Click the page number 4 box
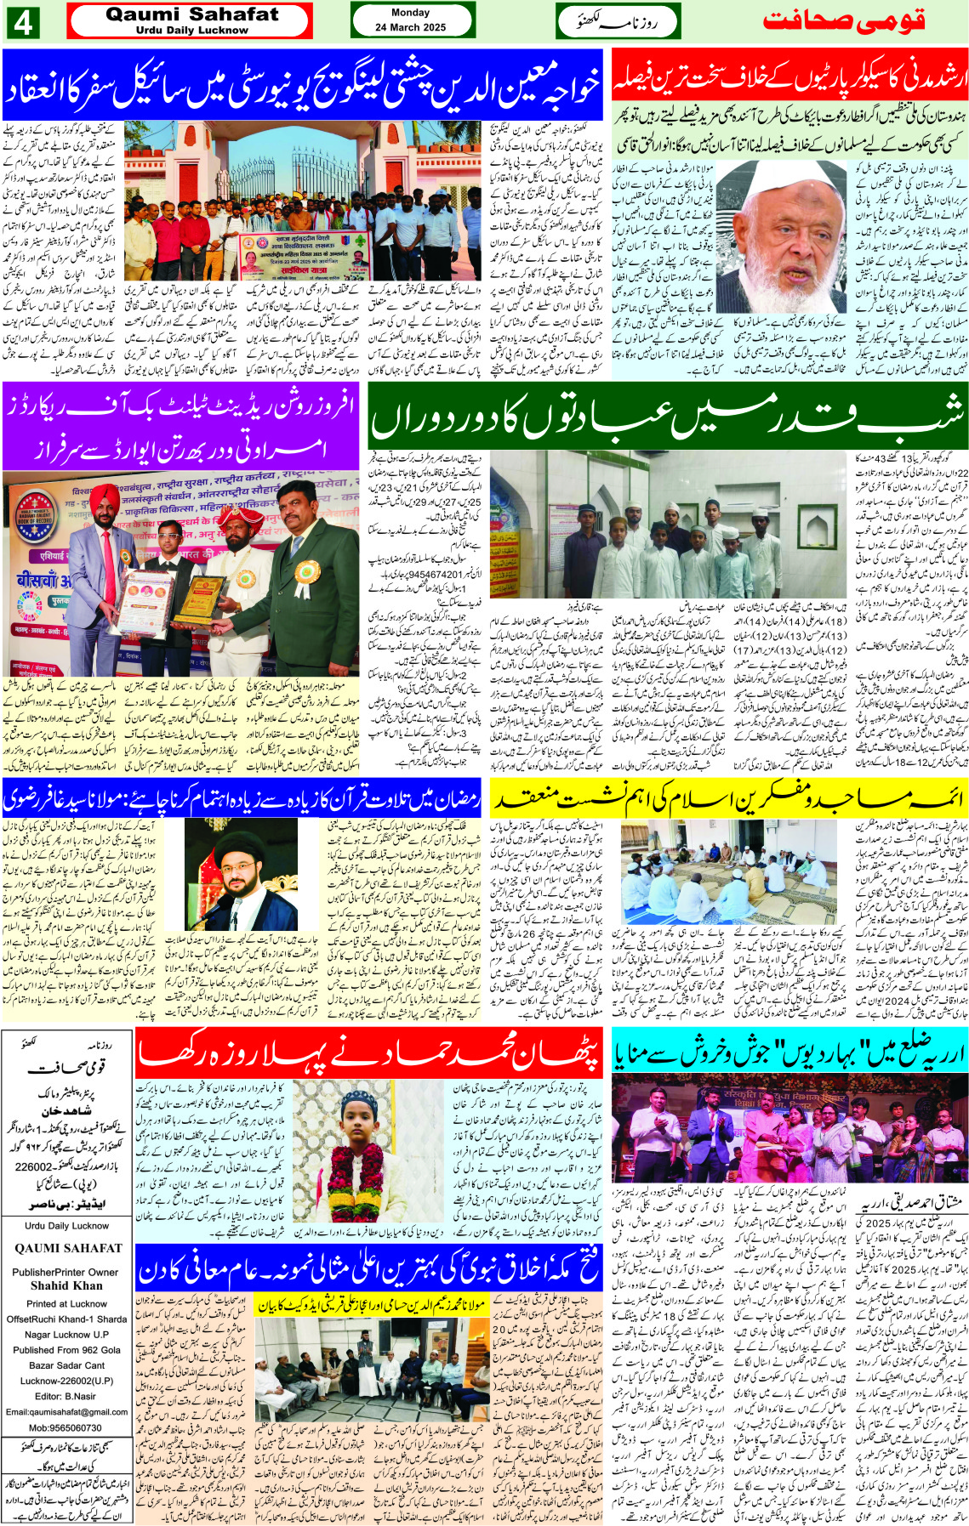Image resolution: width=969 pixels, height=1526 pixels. click(x=23, y=21)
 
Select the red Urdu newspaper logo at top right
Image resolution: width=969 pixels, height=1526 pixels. click(x=843, y=21)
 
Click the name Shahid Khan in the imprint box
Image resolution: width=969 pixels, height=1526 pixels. click(x=66, y=1285)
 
